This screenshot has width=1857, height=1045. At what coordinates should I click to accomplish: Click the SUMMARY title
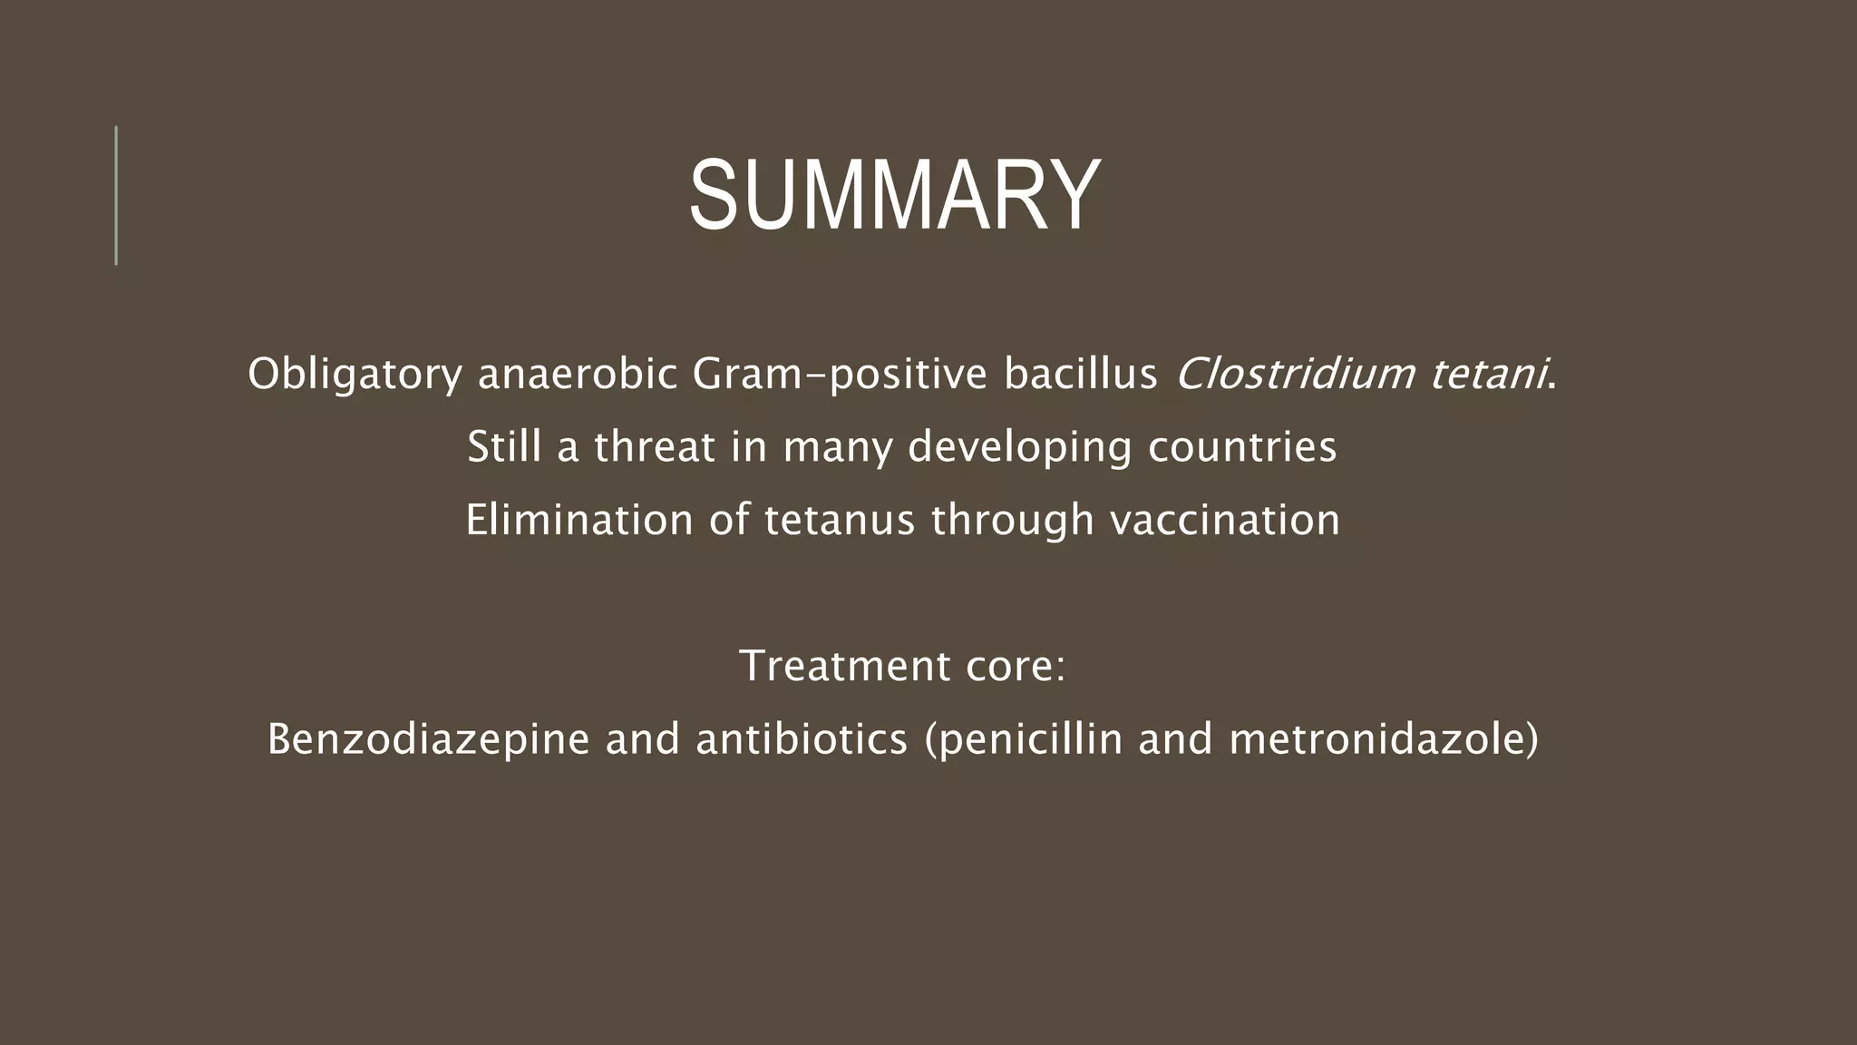click(895, 196)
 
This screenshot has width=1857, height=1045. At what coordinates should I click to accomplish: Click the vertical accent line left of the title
click(116, 195)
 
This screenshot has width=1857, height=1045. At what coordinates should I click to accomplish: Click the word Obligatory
click(355, 374)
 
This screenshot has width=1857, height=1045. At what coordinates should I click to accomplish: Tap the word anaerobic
click(578, 374)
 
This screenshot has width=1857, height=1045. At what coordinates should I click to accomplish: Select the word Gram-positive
click(839, 374)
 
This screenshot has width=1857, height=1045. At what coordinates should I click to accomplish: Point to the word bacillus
click(1080, 374)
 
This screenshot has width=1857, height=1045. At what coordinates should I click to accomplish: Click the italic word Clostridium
click(1295, 374)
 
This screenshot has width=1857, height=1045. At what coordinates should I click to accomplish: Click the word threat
click(655, 446)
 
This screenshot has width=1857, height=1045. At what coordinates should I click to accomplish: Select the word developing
click(1020, 446)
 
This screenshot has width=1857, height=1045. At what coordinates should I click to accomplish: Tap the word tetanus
click(840, 520)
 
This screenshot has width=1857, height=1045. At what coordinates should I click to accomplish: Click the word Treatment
click(844, 665)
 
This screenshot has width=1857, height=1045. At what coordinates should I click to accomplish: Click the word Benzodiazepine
click(429, 738)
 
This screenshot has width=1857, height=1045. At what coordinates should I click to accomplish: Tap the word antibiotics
click(802, 738)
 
